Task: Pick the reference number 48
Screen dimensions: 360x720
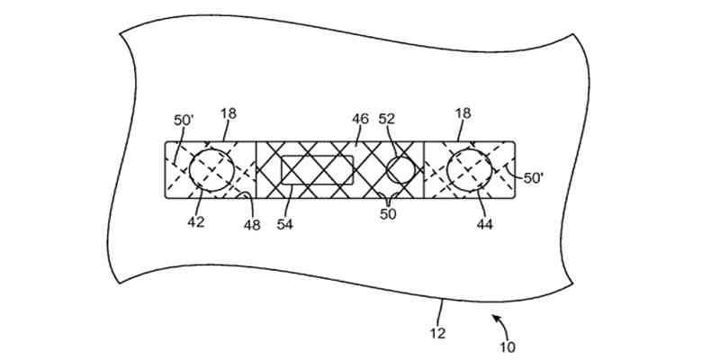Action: [252, 224]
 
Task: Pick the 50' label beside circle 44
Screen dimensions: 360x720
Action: [534, 178]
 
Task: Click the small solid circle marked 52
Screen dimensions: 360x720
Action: [400, 169]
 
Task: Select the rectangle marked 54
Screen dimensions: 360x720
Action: [317, 169]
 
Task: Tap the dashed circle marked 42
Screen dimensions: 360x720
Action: [212, 169]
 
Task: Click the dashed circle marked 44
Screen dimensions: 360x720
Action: [469, 169]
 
